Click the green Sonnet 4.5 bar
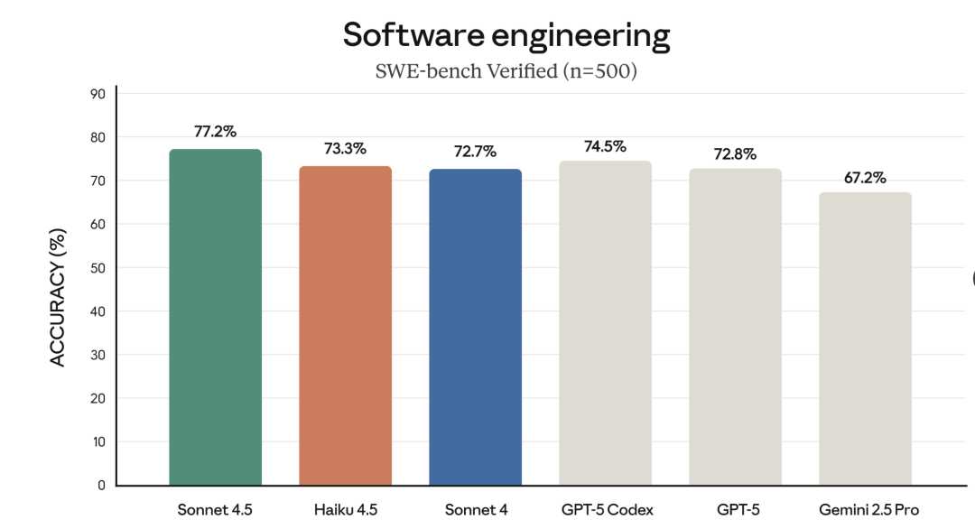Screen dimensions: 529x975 click(215, 317)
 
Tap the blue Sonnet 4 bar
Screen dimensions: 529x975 click(475, 327)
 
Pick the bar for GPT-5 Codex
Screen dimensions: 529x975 click(605, 323)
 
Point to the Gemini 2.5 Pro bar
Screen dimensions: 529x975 click(865, 339)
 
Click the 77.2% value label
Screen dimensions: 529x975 click(215, 132)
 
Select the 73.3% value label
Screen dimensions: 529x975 click(345, 149)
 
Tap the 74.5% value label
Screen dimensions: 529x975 click(605, 146)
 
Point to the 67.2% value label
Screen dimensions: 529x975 click(865, 177)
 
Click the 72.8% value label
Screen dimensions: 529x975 click(735, 153)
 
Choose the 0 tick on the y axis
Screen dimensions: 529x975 click(101, 485)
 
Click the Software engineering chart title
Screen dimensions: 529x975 click(506, 35)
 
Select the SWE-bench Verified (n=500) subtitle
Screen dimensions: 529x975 click(506, 71)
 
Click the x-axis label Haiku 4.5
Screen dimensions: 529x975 click(347, 510)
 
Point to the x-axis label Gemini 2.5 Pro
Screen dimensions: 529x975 click(865, 510)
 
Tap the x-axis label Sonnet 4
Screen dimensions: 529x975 click(477, 510)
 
